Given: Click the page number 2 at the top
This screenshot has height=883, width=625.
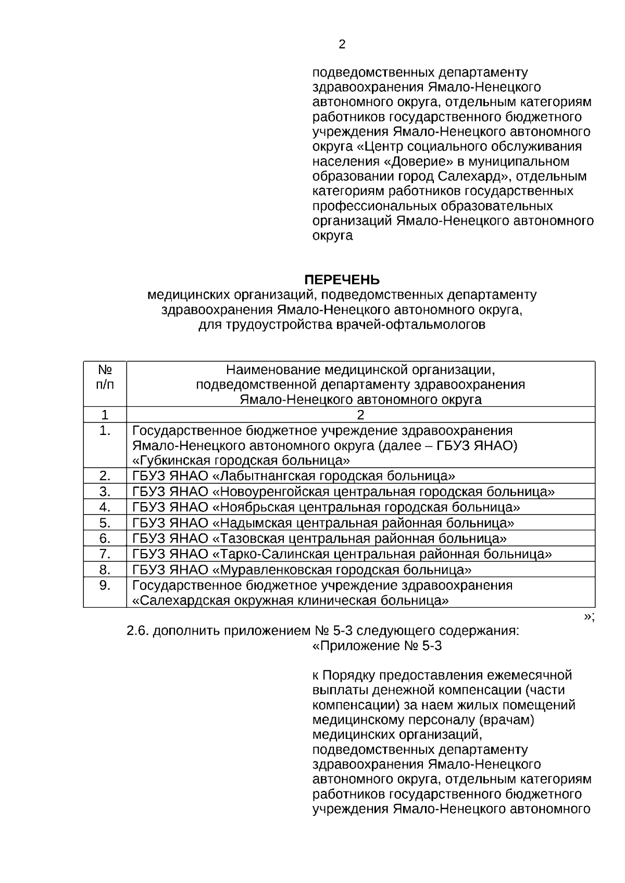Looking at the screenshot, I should coord(342,45).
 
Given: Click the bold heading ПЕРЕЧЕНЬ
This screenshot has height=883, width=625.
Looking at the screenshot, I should coord(342,280).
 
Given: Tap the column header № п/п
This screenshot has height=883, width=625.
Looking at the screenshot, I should coord(105,377).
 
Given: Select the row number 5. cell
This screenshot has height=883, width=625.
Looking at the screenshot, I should coord(105,522).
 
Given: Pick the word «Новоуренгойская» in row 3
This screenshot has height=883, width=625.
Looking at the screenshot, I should coord(271,492).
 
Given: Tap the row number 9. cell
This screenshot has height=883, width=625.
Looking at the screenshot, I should coord(105,585).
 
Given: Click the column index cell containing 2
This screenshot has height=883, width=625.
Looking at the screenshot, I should coord(360,415).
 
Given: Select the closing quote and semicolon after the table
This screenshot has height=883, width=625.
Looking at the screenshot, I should coord(589,616).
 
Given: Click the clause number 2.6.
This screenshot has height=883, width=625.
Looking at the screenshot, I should coord(138,631).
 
